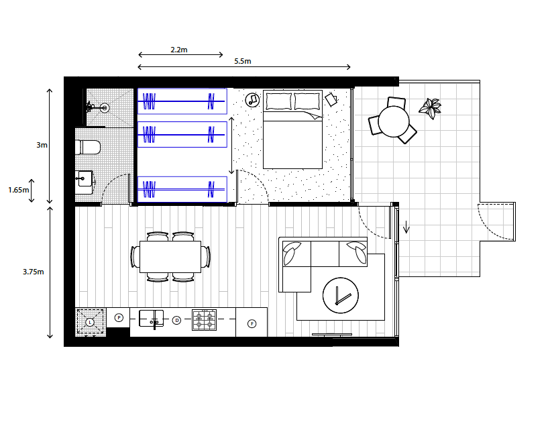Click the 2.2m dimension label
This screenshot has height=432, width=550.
click(x=179, y=50)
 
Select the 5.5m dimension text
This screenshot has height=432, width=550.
click(x=243, y=61)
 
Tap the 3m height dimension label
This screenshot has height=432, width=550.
click(x=42, y=145)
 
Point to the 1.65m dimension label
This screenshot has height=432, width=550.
click(x=19, y=190)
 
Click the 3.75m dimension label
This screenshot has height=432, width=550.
click(x=34, y=272)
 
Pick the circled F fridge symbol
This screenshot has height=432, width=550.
click(x=252, y=323)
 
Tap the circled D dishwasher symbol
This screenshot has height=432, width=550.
click(x=176, y=320)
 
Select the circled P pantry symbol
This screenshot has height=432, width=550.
click(x=119, y=317)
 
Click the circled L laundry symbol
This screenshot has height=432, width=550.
click(x=90, y=322)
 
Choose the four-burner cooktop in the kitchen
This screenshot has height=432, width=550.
click(x=204, y=320)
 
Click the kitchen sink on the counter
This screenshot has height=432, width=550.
click(x=151, y=318)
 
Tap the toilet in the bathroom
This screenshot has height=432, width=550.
click(x=88, y=148)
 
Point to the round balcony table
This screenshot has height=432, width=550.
click(x=394, y=121)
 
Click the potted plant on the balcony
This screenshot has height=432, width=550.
click(x=430, y=107)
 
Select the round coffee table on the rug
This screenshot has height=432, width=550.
click(x=341, y=295)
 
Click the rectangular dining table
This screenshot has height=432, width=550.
click(x=170, y=256)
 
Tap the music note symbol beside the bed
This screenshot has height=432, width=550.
click(x=252, y=100)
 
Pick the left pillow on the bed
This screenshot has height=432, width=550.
click(x=279, y=101)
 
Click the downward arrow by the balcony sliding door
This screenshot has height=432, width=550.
click(x=406, y=227)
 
